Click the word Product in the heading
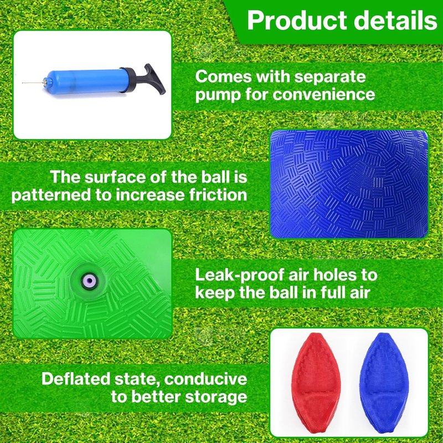pos(297,20)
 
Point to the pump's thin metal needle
pos(33,83)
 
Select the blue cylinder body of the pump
pos(87,81)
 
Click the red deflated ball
pos(317,383)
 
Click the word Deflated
pos(76,379)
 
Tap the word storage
pos(217,397)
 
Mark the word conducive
pos(205,379)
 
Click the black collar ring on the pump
pos(127,79)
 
